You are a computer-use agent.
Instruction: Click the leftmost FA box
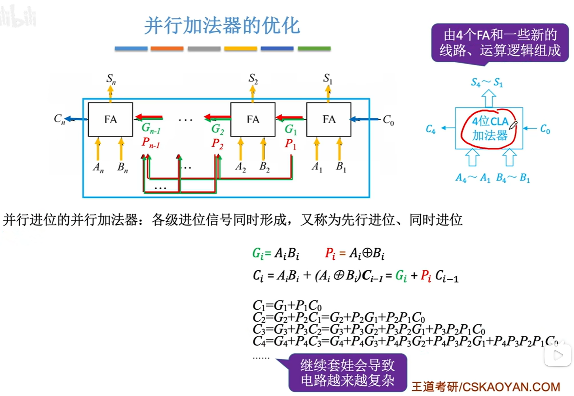[110, 119]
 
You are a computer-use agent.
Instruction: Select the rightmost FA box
[329, 119]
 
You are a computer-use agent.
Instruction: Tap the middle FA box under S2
[253, 119]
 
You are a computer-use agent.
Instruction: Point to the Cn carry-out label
[59, 119]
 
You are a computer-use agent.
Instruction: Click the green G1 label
[291, 129]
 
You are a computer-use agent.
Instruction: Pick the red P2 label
[217, 144]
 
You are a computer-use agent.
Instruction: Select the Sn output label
[111, 79]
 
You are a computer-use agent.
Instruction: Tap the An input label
[98, 167]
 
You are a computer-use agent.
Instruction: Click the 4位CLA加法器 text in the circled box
[490, 128]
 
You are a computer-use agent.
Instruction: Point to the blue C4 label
[430, 129]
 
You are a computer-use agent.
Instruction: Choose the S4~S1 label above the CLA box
[487, 82]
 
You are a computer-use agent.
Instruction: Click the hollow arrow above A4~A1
[472, 157]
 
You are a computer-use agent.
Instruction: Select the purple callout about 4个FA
[500, 43]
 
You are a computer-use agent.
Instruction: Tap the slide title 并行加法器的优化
[222, 25]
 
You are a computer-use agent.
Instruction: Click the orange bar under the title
[167, 49]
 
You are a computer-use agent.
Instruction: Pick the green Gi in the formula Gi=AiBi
[258, 253]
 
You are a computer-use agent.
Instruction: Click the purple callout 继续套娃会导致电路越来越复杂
[348, 372]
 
